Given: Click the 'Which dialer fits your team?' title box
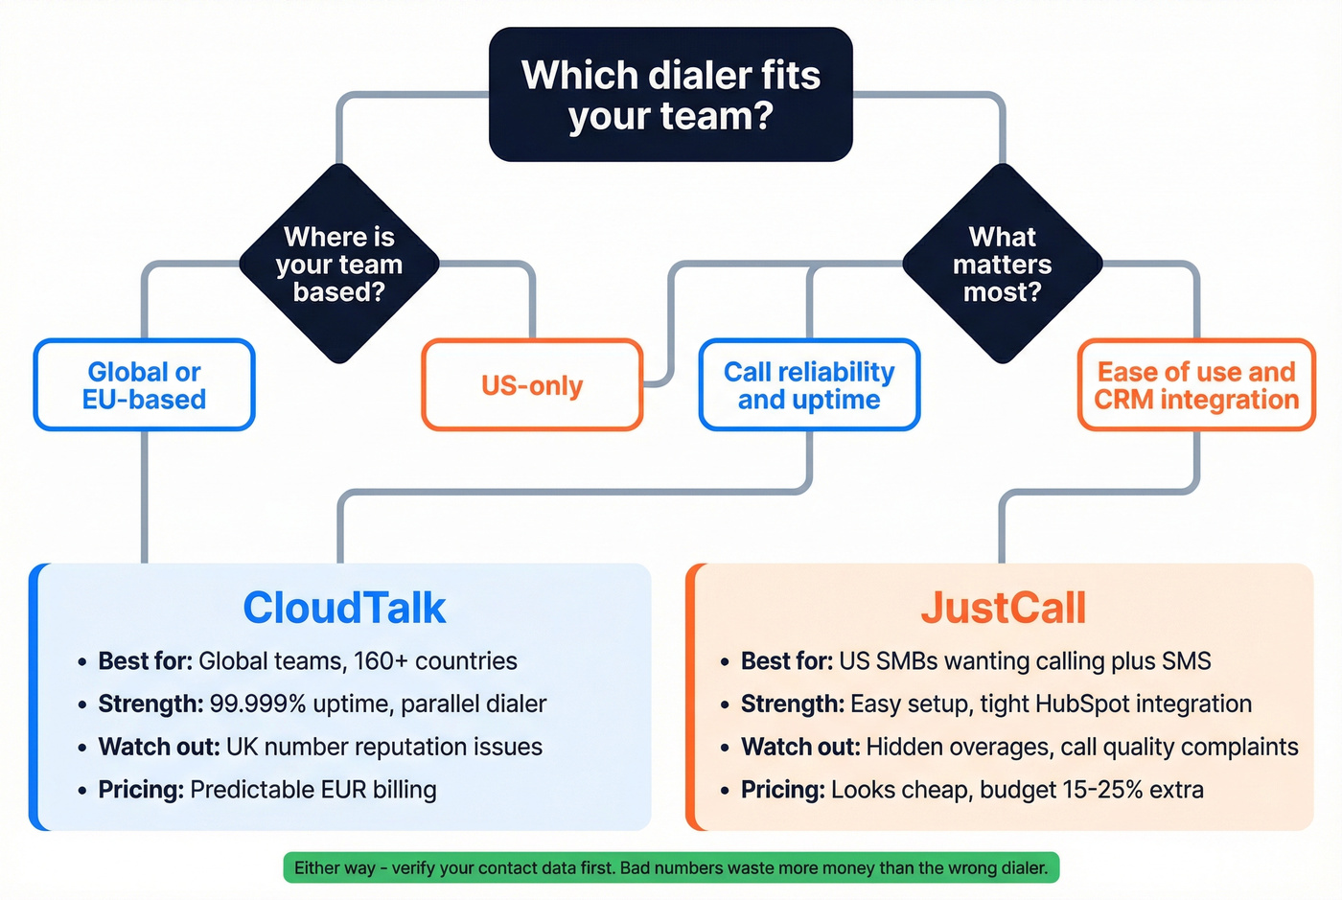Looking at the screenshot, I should click(670, 95).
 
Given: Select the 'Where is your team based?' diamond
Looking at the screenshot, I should click(339, 264).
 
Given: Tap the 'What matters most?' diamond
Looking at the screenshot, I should click(1003, 264).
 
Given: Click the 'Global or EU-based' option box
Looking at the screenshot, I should click(145, 385).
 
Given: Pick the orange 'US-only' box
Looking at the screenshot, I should click(532, 385).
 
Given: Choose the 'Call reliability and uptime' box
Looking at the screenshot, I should click(809, 385).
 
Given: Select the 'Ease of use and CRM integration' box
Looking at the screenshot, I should click(1196, 385).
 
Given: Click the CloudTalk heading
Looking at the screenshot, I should click(344, 608).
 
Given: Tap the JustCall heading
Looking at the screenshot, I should click(1003, 608).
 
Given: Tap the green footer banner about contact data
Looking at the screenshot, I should click(671, 867).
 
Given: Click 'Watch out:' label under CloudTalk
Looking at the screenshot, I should click(159, 747).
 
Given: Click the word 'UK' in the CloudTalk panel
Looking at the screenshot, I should click(243, 747).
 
